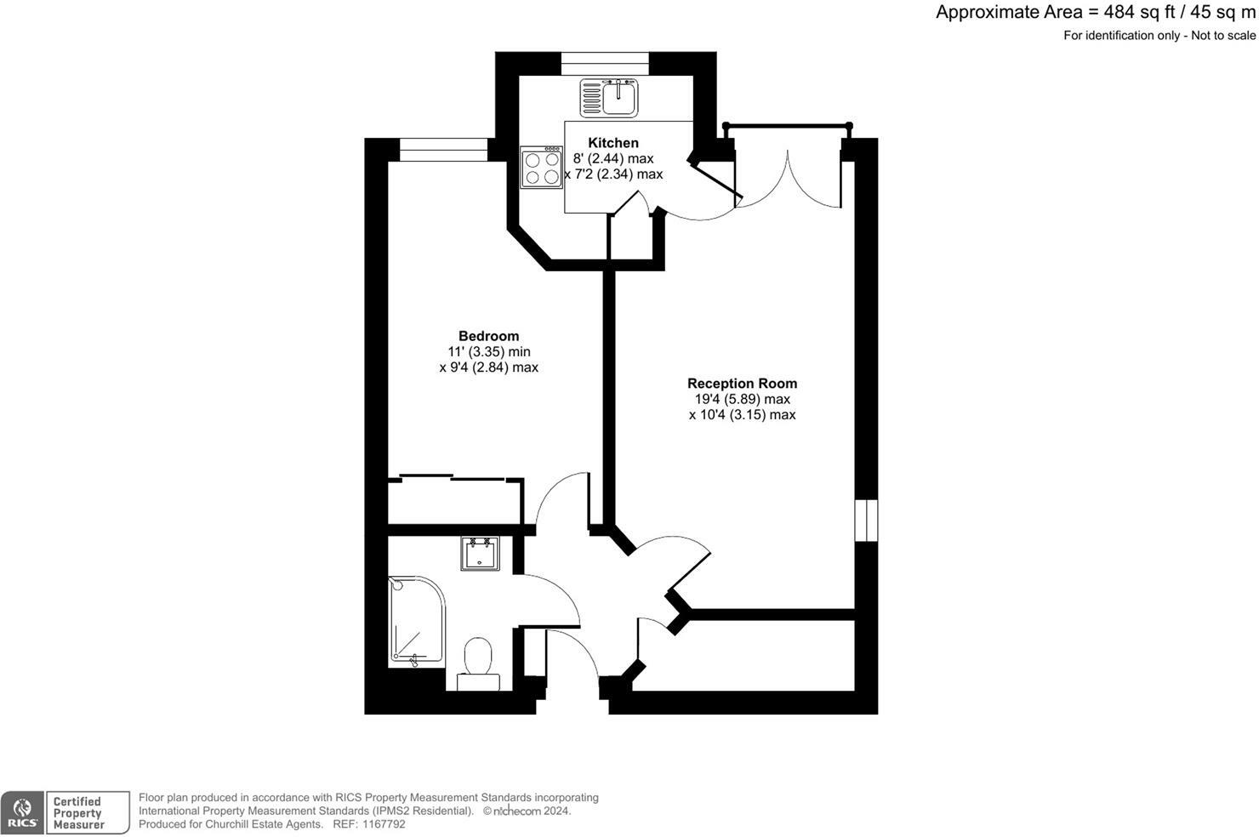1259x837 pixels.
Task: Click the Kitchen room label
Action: [612, 143]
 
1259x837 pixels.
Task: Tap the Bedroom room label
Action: [488, 336]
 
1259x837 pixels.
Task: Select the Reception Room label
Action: [742, 384]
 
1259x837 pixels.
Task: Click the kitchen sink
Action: [609, 97]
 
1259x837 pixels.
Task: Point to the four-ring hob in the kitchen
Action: [542, 168]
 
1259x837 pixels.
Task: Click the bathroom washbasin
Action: [481, 554]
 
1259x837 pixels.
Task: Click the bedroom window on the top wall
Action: [443, 150]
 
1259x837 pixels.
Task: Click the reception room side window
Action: [866, 520]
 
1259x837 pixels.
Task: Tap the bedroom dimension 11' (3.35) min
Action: [489, 352]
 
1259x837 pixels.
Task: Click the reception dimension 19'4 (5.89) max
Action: [742, 399]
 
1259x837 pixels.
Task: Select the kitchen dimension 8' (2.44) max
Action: [612, 159]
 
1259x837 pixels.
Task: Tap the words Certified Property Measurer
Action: [77, 812]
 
